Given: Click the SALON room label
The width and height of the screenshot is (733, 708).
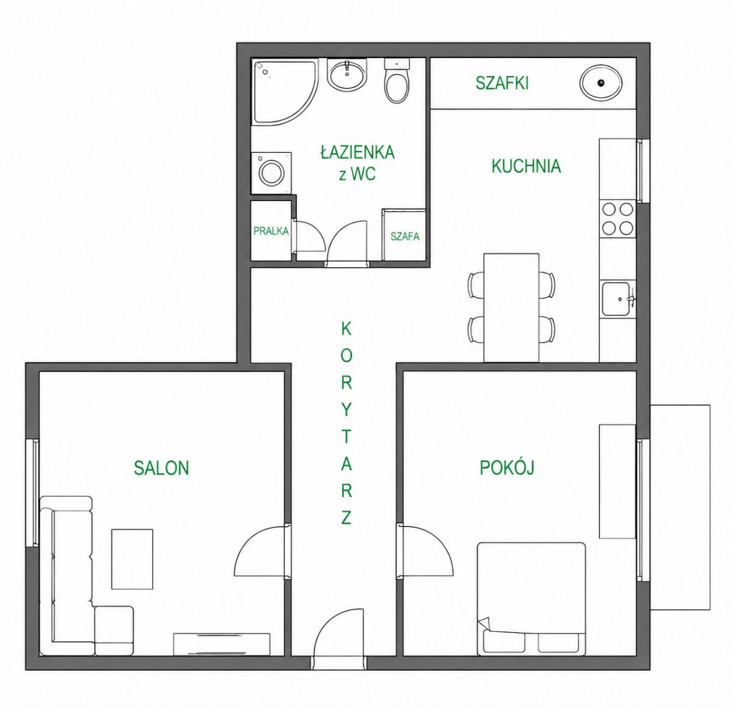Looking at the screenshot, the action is pyautogui.click(x=161, y=468).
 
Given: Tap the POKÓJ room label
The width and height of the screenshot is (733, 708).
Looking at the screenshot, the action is pyautogui.click(x=507, y=467).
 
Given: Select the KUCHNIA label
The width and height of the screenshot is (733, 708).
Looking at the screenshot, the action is pyautogui.click(x=526, y=166).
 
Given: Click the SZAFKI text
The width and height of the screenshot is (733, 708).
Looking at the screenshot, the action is pyautogui.click(x=502, y=83).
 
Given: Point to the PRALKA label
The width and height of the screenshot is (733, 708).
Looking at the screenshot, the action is pyautogui.click(x=271, y=231).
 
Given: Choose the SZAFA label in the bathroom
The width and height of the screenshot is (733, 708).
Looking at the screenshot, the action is pyautogui.click(x=405, y=237).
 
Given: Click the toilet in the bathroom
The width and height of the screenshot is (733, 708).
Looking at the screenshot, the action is pyautogui.click(x=397, y=81).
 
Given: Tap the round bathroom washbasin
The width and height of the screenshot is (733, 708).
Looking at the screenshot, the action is pyautogui.click(x=346, y=74).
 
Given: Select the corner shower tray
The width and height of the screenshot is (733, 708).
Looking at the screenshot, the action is pyautogui.click(x=285, y=92).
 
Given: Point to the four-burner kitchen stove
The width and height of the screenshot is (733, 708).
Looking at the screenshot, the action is pyautogui.click(x=618, y=218).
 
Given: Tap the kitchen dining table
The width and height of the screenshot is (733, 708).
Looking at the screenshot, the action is pyautogui.click(x=511, y=308).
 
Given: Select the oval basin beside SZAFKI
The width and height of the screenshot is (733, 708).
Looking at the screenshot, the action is pyautogui.click(x=601, y=83).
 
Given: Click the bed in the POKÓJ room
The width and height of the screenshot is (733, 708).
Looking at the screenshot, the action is pyautogui.click(x=531, y=599).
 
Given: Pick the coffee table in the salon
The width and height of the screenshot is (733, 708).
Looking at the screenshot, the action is pyautogui.click(x=132, y=559).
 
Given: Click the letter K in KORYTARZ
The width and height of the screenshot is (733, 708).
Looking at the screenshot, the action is pyautogui.click(x=346, y=329).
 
